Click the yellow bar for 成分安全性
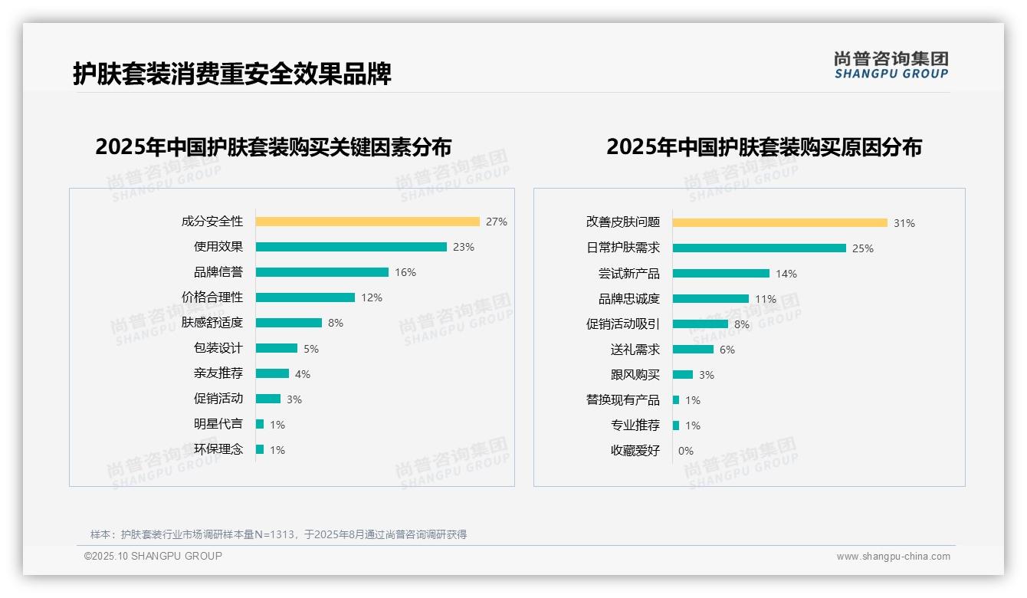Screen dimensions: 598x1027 367,222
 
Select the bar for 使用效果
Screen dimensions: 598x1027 351,247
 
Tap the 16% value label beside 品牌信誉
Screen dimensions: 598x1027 405,272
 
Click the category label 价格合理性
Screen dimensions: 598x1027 212,297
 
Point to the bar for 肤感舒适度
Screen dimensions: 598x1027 289,323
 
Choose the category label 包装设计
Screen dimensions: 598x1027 218,348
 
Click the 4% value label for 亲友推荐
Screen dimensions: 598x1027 303,374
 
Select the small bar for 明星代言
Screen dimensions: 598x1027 260,424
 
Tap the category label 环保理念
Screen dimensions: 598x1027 218,449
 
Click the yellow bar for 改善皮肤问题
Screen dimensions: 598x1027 779,222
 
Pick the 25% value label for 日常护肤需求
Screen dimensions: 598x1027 863,248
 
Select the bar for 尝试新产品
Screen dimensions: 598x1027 721,273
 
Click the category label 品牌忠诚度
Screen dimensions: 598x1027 629,299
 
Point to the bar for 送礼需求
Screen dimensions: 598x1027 693,349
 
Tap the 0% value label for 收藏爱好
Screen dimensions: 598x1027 686,451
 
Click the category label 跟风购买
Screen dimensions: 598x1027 635,375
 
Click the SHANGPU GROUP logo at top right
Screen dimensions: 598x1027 891,64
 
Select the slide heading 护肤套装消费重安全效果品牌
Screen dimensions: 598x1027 232,74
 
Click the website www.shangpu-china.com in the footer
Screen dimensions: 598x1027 893,557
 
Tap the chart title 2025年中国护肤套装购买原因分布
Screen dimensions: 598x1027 764,146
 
